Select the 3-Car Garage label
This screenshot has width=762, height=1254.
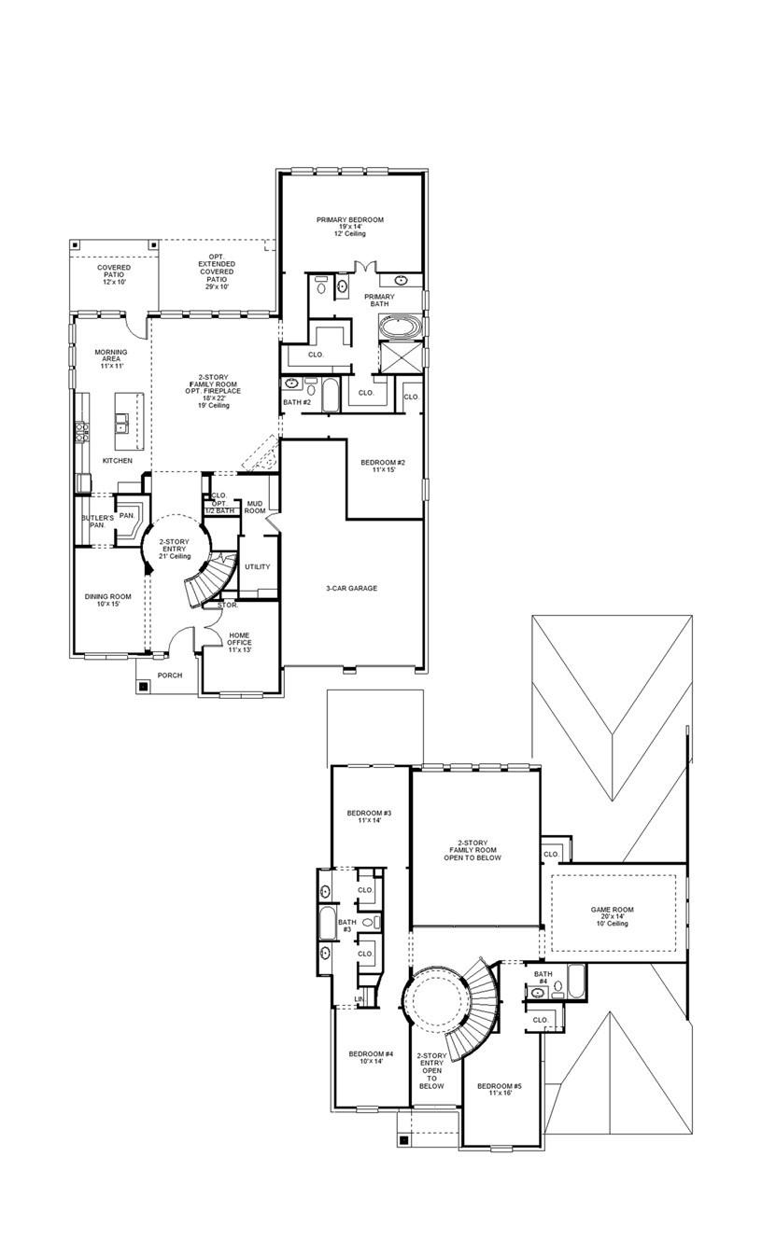(351, 588)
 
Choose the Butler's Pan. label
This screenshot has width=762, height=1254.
(97, 522)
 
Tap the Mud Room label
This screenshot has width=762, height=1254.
(254, 508)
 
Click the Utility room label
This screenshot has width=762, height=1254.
(257, 566)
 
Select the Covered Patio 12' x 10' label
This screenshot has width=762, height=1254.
(114, 274)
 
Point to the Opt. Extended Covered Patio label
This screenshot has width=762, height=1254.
(217, 272)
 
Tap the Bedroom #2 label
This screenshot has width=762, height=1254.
(383, 467)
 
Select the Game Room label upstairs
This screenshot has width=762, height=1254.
(613, 915)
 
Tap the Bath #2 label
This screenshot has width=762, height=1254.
(296, 402)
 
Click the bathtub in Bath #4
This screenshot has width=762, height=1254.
(576, 982)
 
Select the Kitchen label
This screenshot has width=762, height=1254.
(118, 461)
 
